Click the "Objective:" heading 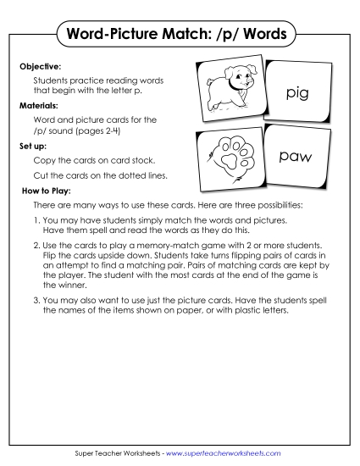[40, 64]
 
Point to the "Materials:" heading [40, 106]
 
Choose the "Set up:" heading [33, 146]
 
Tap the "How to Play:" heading [46, 191]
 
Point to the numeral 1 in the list [36, 220]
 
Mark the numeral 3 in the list [36, 300]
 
